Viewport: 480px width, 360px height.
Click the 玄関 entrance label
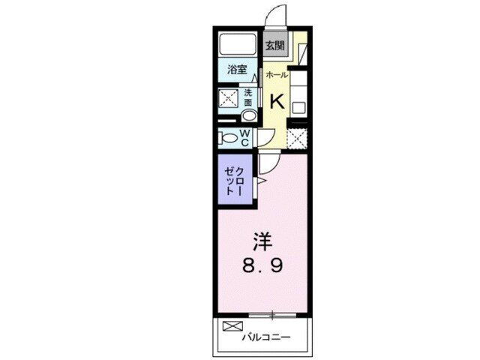pos(274,45)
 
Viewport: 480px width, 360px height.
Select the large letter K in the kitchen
pos(277,100)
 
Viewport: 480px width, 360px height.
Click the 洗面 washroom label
pos(247,98)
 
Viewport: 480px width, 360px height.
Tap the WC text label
pos(244,138)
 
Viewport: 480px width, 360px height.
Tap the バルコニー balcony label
pos(265,337)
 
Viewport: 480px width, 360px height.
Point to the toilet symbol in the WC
pos(226,138)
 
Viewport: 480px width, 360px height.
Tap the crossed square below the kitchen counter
pos(298,139)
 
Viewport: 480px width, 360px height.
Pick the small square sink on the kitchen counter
pos(298,106)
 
